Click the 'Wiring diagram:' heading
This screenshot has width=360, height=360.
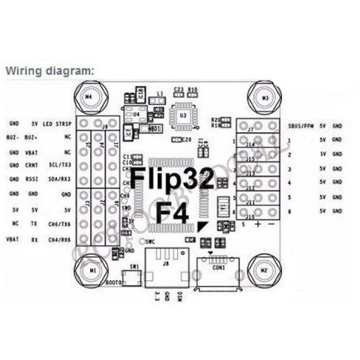(x=50, y=70)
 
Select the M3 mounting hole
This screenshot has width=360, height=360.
(x=264, y=97)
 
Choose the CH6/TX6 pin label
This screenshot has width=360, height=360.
(x=60, y=225)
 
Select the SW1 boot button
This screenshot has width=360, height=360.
(x=135, y=276)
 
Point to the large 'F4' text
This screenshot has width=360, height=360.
(x=173, y=213)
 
